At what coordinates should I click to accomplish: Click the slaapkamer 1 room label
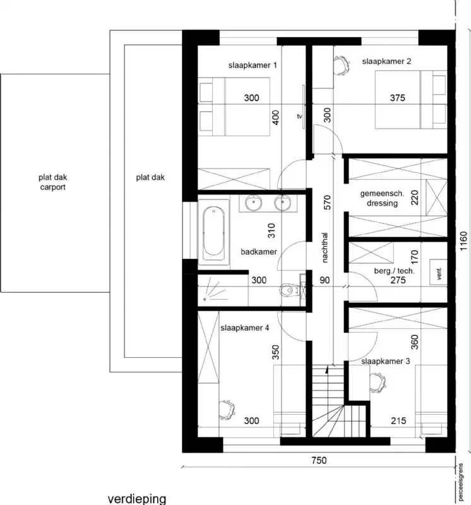click(x=253, y=65)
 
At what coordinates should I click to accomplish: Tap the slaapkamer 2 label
click(x=386, y=61)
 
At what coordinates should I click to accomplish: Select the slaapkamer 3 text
click(x=386, y=362)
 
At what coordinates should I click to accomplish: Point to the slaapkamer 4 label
click(x=245, y=328)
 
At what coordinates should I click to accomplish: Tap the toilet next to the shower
click(x=287, y=290)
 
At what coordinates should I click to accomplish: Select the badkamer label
click(x=259, y=252)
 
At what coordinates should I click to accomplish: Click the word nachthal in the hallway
click(x=325, y=247)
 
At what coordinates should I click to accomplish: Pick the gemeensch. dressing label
click(x=379, y=198)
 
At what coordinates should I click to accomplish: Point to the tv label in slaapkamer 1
click(x=300, y=117)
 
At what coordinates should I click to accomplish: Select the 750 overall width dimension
click(x=319, y=461)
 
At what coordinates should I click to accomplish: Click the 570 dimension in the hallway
click(x=326, y=201)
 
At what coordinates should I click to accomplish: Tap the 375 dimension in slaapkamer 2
click(x=397, y=98)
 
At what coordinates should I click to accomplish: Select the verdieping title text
click(x=136, y=499)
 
